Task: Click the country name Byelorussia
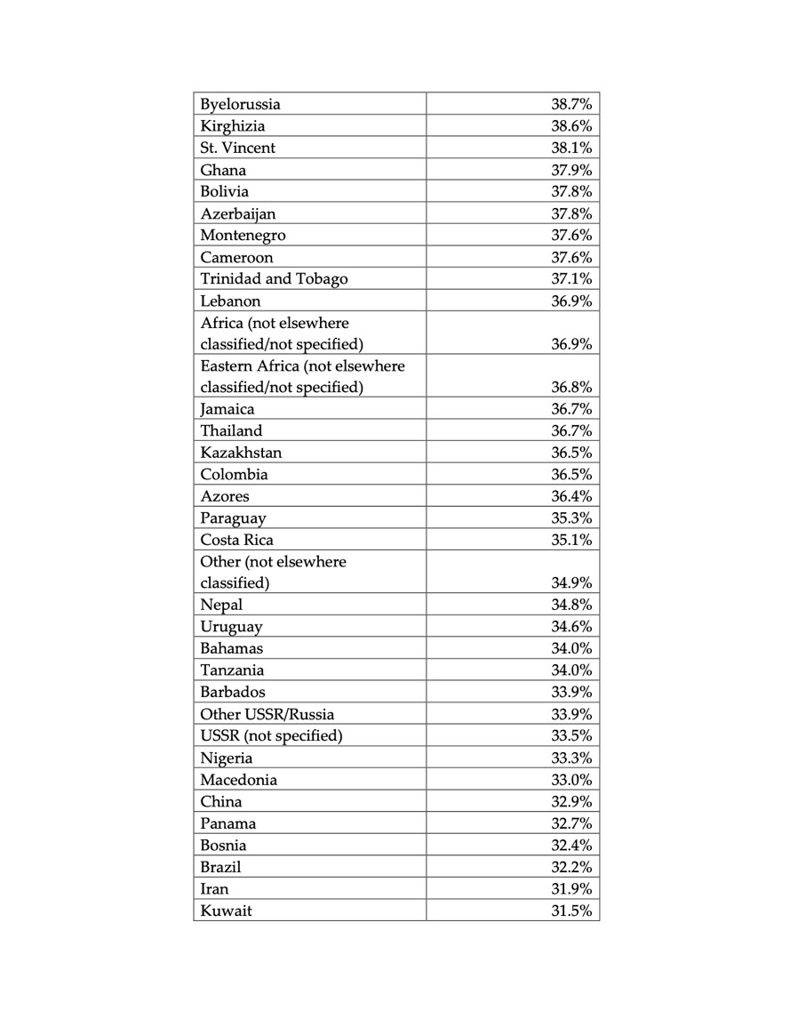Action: pos(240,104)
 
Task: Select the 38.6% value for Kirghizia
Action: pos(571,126)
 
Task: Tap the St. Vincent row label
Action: pos(237,148)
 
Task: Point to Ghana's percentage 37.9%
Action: pos(571,170)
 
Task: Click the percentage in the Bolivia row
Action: pos(571,191)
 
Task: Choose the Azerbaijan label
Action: pos(238,213)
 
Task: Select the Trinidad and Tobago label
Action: pos(274,278)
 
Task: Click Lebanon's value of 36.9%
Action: pos(571,301)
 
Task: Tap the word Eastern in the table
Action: pos(227,365)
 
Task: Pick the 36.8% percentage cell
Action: pos(571,388)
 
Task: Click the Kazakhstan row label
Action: pos(241,453)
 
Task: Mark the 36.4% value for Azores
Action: pos(571,496)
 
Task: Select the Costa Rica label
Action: pos(236,540)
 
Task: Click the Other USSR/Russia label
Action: pos(267,714)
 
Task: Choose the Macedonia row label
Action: pos(238,780)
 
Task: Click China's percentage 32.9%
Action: pos(571,801)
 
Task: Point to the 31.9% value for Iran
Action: pos(571,888)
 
